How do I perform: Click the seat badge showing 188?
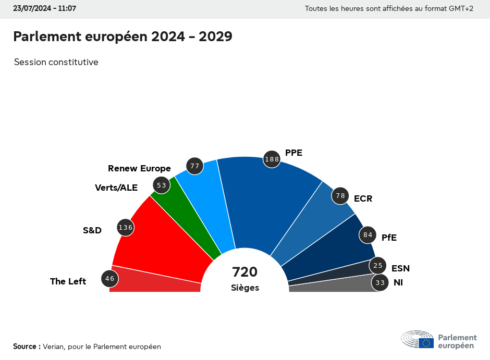pyautogui.click(x=272, y=159)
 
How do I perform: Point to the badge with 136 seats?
pyautogui.click(x=126, y=228)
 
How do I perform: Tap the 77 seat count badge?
pyautogui.click(x=195, y=166)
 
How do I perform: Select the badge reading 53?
pyautogui.click(x=161, y=185)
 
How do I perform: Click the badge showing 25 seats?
pyautogui.click(x=378, y=266)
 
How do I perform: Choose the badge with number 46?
pyautogui.click(x=109, y=279)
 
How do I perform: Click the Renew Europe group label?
pyautogui.click(x=139, y=168)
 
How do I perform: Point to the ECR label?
pyautogui.click(x=363, y=198)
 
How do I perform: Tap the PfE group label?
pyautogui.click(x=389, y=238)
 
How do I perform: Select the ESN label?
pyautogui.click(x=400, y=268)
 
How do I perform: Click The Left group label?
pyautogui.click(x=68, y=281)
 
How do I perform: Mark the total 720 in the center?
pyautogui.click(x=245, y=272)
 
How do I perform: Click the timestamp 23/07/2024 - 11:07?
pyautogui.click(x=44, y=9)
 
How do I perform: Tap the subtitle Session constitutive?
pyautogui.click(x=56, y=62)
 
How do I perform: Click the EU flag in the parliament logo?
pyautogui.click(x=426, y=343)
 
